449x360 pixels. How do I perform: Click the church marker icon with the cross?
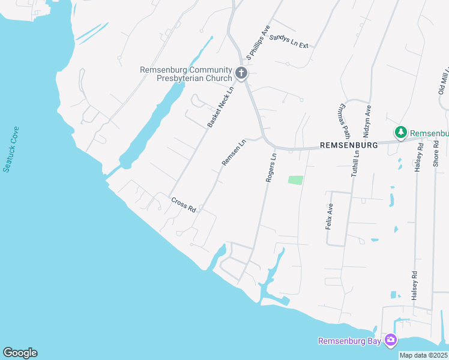coord(241,74)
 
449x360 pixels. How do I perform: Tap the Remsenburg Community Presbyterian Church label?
coord(185,74)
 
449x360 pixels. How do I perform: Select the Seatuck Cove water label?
coord(11,149)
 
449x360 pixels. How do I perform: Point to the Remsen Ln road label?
coord(234,152)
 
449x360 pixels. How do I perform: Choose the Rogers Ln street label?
coord(271,167)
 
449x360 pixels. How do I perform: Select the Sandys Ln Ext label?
coord(289,41)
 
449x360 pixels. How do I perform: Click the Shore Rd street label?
coord(436,153)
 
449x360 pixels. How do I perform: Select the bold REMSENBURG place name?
coord(348,145)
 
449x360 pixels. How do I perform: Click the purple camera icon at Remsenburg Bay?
coord(391,340)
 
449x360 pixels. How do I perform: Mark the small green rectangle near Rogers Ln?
coord(295,180)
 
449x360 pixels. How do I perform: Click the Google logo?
coord(20,353)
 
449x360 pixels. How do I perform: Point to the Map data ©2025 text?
coord(423,355)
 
